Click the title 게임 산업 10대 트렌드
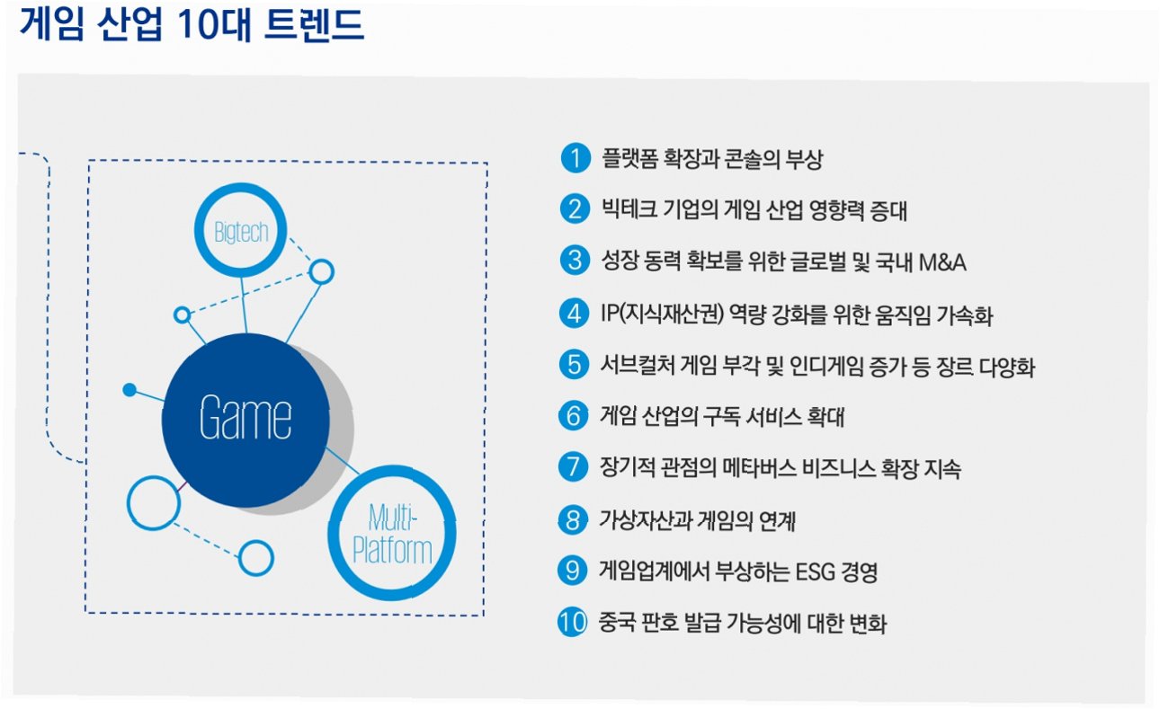192,26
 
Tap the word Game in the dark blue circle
245,418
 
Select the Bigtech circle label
241,233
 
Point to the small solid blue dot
129,390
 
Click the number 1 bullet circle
573,159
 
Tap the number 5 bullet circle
573,365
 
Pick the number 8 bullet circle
573,519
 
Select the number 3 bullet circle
573,261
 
